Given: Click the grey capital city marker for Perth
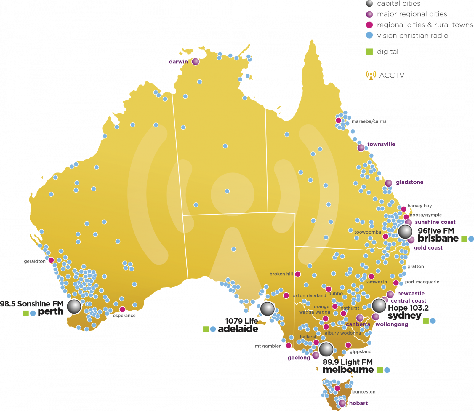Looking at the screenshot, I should (x=74, y=306).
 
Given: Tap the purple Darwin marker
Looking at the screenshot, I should (x=196, y=62).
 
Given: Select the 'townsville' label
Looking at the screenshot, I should (x=381, y=144).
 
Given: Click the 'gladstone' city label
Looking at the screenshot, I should (x=409, y=182).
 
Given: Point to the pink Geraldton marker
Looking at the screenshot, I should (x=51, y=260).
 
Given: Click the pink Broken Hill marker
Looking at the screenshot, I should (x=298, y=274).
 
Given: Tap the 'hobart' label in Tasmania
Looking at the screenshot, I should (x=358, y=403).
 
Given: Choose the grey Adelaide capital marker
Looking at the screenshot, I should (x=267, y=308).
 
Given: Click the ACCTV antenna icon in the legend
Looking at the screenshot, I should (x=371, y=75).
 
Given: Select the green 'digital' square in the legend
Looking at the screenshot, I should (x=369, y=52).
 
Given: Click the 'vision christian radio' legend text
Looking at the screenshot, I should (x=412, y=36).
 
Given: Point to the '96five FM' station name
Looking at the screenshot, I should (x=436, y=231).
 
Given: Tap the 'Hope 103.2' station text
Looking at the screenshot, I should (x=409, y=308).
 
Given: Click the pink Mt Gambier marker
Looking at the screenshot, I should (x=289, y=346).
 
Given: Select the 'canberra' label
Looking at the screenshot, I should (x=358, y=324).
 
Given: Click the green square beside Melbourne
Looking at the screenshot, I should (x=380, y=370).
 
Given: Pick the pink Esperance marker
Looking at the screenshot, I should (x=122, y=309).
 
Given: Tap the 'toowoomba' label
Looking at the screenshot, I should (x=368, y=232).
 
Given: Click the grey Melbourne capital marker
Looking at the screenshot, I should (x=326, y=349).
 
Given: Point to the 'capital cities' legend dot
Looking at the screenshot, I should (x=369, y=4).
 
